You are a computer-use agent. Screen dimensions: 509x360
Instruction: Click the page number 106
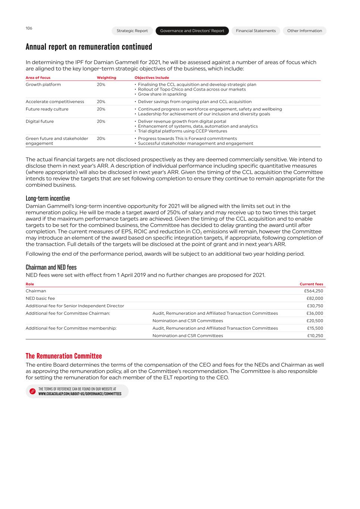tap(29, 28)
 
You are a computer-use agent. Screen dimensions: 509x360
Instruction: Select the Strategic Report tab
tap(132, 31)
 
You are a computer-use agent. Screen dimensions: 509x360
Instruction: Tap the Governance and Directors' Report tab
tap(192, 31)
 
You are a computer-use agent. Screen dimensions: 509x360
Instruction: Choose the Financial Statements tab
tap(256, 31)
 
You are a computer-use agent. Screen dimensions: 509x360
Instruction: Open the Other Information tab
tap(304, 31)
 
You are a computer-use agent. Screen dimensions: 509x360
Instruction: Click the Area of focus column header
tap(38, 78)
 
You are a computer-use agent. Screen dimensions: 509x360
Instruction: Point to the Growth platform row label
tap(43, 85)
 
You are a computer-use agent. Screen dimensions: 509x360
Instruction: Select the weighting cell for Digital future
tap(101, 122)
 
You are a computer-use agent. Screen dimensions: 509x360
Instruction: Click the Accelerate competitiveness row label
tap(55, 102)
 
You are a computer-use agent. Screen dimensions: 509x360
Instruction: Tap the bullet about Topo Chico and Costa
tap(192, 89)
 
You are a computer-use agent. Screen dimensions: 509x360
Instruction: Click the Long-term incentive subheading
tap(48, 198)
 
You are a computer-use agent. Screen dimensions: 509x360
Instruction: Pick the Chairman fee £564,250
tap(313, 291)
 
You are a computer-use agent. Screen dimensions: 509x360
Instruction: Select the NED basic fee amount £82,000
tap(314, 299)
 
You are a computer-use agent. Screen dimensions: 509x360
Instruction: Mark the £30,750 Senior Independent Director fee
tap(315, 306)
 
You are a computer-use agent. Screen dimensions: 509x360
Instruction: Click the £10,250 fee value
tap(315, 336)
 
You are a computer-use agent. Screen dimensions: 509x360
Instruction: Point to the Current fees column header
tap(311, 284)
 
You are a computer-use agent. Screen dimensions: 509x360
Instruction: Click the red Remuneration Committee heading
tap(64, 356)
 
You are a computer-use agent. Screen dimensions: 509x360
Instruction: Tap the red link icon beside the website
tap(32, 392)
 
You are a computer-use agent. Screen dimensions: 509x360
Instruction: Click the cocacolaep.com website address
tap(80, 394)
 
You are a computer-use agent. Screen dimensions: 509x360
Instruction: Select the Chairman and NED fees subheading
tap(51, 267)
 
